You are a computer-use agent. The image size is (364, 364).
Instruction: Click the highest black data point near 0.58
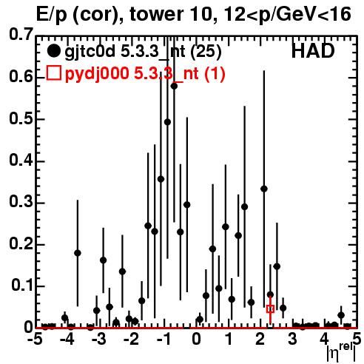(174, 86)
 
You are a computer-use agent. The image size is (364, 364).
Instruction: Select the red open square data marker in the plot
(270, 309)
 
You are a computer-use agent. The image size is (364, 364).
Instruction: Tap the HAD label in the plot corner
(313, 51)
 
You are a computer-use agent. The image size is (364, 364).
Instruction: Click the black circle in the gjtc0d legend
(53, 51)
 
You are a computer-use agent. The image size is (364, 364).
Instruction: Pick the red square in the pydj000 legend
(53, 73)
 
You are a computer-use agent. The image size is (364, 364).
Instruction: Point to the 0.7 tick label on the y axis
(21, 34)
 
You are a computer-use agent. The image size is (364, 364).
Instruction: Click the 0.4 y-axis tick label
(21, 160)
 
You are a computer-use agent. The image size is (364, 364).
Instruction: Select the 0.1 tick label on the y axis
(22, 286)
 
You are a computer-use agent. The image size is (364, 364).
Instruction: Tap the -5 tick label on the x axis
(35, 339)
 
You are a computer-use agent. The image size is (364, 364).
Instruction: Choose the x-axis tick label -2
(132, 339)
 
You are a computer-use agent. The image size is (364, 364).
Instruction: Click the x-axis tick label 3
(292, 339)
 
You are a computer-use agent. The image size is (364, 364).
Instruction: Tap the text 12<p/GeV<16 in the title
(286, 15)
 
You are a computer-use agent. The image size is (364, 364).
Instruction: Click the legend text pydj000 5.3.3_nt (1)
(145, 73)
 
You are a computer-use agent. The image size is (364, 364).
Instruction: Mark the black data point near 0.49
(167, 122)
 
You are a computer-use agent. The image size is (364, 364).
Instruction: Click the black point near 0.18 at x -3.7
(78, 253)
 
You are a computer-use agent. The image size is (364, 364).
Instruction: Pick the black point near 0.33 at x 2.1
(264, 189)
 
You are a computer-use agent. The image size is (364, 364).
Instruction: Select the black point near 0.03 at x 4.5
(341, 315)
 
